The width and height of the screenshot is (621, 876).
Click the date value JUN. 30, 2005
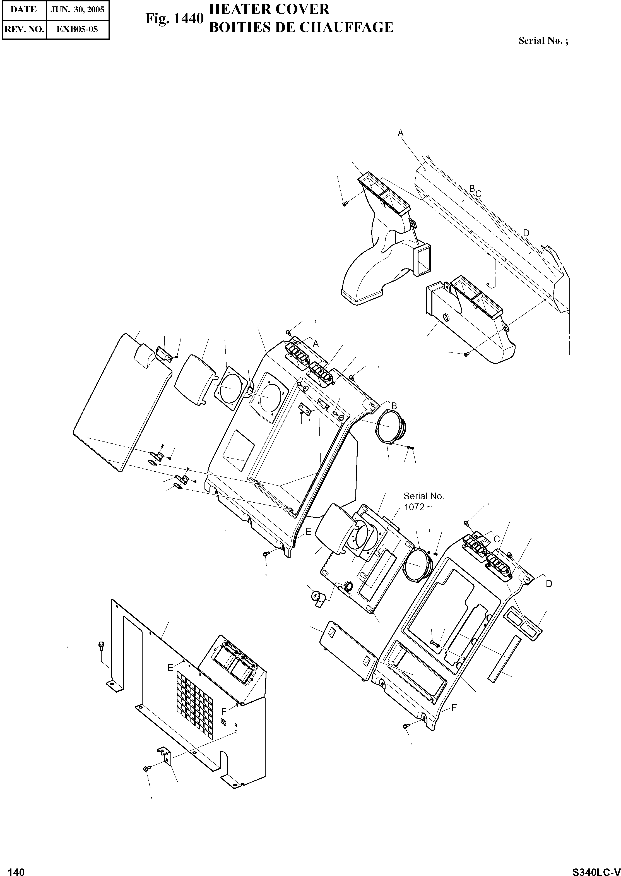point(77,9)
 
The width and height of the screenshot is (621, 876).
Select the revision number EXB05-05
point(77,29)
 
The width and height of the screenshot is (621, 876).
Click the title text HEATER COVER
point(269,9)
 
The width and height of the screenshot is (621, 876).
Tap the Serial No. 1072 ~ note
point(423,501)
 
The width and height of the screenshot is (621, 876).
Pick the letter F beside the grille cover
point(224,711)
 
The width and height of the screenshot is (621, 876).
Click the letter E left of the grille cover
point(170,668)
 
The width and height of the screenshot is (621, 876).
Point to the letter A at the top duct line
point(400,133)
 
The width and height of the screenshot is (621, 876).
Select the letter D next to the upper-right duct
point(526,233)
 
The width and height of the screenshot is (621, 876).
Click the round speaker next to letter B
point(392,425)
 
